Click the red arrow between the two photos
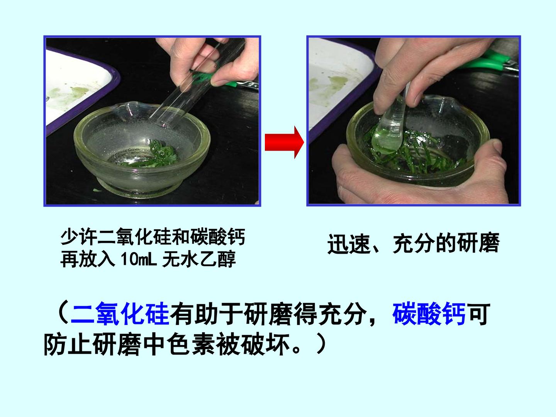tap(284, 142)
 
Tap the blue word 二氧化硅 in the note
tap(120, 313)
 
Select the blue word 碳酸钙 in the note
tap(429, 313)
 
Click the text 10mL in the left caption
tap(139, 259)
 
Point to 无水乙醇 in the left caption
tap(199, 259)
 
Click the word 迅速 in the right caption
tap(349, 244)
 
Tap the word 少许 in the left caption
tap(79, 237)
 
